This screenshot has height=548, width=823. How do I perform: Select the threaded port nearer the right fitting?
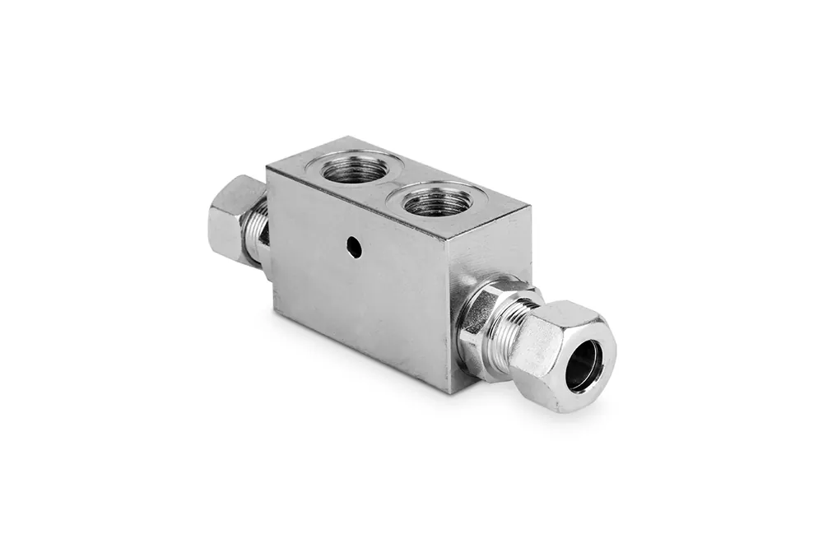[435, 200]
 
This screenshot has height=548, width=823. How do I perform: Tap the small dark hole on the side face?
[352, 244]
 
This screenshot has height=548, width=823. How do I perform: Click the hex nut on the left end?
[235, 218]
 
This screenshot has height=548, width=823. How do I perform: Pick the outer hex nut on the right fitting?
[568, 354]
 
